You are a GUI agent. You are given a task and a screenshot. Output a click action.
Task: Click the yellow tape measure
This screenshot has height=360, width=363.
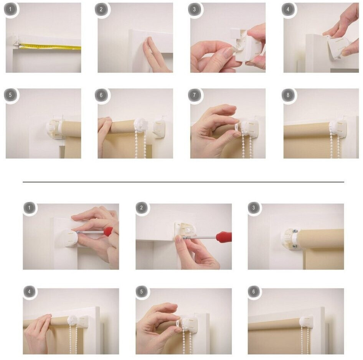(x=50, y=47)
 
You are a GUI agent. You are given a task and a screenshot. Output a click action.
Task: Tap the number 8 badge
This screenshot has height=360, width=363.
(x=288, y=95)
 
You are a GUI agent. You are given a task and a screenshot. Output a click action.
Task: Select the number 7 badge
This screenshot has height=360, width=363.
(x=194, y=95)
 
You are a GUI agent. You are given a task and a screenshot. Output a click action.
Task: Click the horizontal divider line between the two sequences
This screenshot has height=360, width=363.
(x=183, y=182)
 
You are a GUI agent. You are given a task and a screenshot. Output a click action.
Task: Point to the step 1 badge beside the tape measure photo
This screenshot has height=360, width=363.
(x=10, y=10)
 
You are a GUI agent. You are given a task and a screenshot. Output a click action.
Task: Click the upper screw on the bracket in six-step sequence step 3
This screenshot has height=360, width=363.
(x=295, y=231)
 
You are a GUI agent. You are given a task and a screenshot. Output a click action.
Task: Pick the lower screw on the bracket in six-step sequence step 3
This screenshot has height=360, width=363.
(x=294, y=247)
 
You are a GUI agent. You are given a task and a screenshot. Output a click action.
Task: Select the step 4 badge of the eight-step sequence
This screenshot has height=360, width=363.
(x=288, y=10)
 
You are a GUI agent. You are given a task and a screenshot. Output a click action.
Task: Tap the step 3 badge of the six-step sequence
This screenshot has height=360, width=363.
(x=254, y=207)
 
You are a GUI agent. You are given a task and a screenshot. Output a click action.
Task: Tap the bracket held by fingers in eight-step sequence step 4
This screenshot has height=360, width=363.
(x=335, y=48)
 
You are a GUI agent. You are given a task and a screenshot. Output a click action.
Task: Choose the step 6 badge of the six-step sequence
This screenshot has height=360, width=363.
(x=254, y=291)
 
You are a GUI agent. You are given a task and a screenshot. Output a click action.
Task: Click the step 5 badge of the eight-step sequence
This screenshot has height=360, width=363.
(x=10, y=95)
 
